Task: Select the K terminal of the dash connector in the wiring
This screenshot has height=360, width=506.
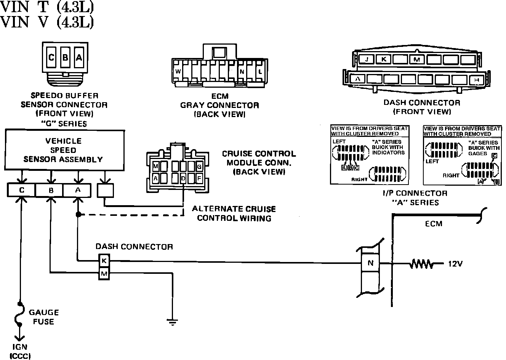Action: (104, 261)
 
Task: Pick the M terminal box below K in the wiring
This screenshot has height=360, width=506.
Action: (104, 273)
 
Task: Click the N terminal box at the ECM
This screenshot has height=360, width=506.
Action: (370, 263)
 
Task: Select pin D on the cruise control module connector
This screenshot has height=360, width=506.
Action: (183, 178)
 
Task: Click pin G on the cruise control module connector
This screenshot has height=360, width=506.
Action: (199, 167)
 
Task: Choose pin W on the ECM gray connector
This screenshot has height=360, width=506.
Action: (178, 71)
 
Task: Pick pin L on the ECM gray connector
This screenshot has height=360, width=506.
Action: (260, 71)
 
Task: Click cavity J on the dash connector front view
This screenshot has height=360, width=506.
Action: (367, 59)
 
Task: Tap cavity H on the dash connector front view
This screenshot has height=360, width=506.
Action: (476, 79)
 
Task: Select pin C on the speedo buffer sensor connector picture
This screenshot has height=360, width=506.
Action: (51, 58)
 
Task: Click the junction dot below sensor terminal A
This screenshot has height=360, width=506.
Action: (78, 215)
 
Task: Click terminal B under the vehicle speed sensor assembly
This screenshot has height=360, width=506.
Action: (50, 190)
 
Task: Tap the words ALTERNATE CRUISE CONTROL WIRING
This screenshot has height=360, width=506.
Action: (234, 214)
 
